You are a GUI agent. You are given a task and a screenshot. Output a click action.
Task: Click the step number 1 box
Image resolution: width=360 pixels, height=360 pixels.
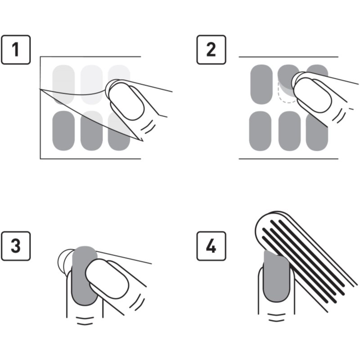16,49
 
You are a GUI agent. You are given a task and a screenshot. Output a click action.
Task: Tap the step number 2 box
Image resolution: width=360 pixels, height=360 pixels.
211,49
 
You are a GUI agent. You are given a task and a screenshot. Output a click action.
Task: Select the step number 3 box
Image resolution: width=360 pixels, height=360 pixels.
16,246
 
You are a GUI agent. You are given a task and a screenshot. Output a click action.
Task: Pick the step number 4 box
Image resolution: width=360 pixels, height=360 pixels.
211,246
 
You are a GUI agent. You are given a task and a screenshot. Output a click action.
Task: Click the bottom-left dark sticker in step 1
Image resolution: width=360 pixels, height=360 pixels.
63,131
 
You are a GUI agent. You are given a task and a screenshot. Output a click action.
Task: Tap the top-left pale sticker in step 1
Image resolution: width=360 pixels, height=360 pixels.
63,78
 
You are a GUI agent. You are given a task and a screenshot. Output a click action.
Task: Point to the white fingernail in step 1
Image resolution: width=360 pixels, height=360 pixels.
126,101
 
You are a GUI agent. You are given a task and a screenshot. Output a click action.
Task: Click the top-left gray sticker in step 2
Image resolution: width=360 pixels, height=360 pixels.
261,84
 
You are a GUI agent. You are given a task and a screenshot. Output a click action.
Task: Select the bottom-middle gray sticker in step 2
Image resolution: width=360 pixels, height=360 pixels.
289,131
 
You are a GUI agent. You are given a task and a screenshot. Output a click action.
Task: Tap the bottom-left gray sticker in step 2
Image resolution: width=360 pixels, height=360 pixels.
261,131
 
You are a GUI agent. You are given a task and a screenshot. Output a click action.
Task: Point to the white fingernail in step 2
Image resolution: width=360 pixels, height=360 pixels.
312,95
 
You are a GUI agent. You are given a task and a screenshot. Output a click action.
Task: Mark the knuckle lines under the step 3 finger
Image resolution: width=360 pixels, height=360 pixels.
85,321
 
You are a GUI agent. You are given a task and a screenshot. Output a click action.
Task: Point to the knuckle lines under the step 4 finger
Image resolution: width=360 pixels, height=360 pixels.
277,317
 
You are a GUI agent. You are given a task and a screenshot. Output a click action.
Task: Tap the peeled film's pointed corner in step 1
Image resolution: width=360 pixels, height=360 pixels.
143,141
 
